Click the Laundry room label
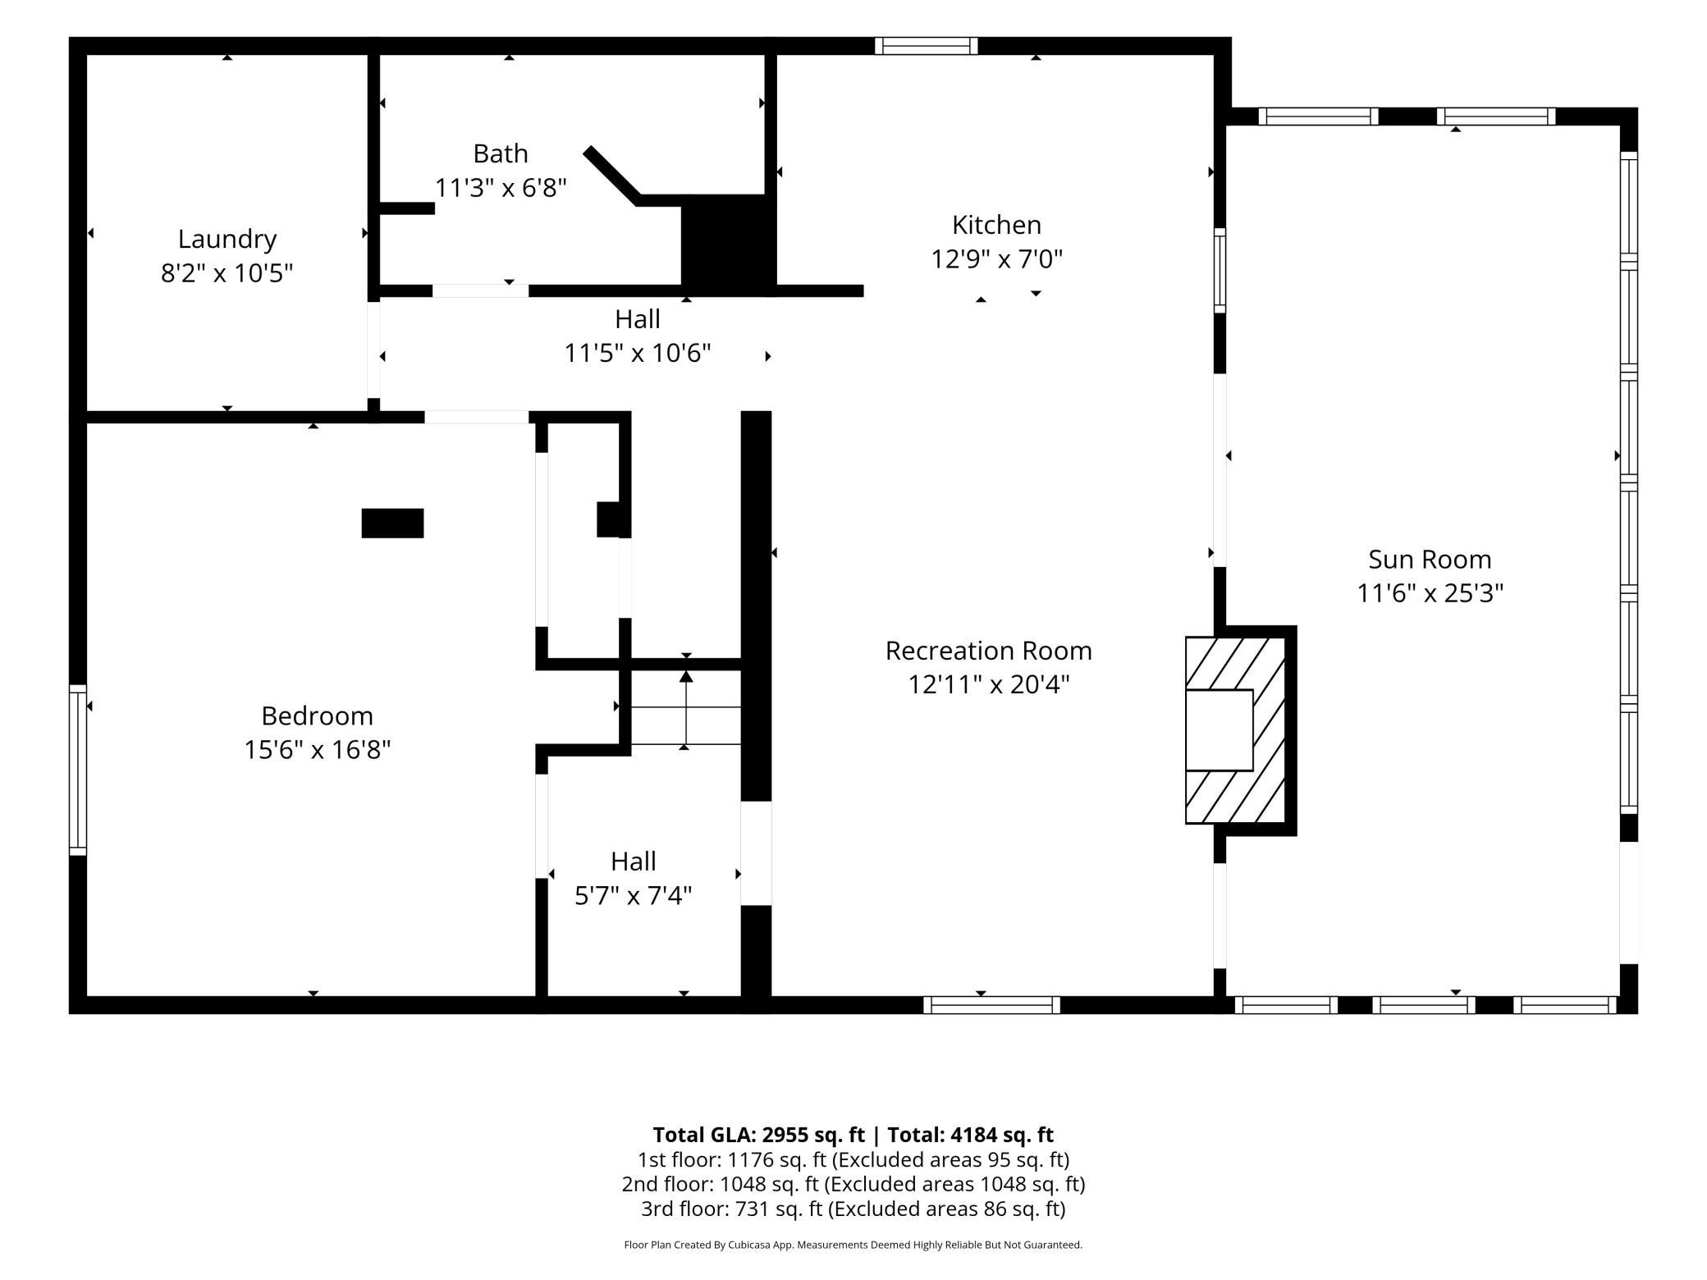pos(227,239)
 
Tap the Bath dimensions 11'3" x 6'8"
pos(501,188)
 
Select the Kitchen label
pos(996,225)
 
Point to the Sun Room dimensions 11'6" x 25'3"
pos(1430,592)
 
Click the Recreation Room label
pos(988,651)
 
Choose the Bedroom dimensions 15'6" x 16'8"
pos(317,749)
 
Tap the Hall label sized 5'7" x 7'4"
pos(633,862)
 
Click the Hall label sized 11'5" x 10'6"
pos(638,318)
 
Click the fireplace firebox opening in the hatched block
pos(1220,730)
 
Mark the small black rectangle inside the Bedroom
pos(393,523)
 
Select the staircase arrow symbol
pos(686,709)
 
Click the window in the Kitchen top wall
pos(926,46)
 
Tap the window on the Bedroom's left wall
pos(78,770)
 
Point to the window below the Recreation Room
pos(991,1005)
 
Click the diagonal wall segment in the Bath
pos(611,176)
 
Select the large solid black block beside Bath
pos(729,245)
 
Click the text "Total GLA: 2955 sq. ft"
pos(758,1135)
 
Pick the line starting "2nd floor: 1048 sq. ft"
pos(853,1184)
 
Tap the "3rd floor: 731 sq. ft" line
pos(853,1209)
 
